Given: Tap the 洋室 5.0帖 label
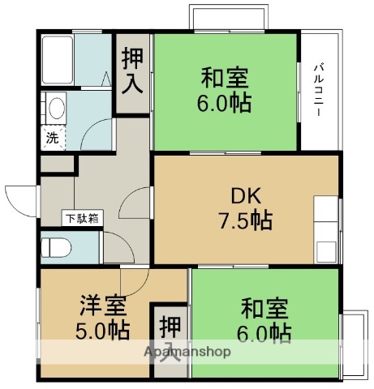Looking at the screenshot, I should click(103, 318).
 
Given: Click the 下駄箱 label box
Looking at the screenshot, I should click(82, 218).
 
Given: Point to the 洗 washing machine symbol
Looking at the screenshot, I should click(51, 138).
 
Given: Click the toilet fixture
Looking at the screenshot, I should click(58, 246).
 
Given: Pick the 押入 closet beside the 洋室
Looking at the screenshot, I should click(170, 340).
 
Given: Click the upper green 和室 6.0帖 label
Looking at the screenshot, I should click(226, 91).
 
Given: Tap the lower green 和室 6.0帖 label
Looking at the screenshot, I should click(265, 319).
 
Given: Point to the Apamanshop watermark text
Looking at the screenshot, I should click(187, 353).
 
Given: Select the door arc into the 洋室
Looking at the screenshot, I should click(133, 280).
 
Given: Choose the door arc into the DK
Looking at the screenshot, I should click(140, 199).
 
